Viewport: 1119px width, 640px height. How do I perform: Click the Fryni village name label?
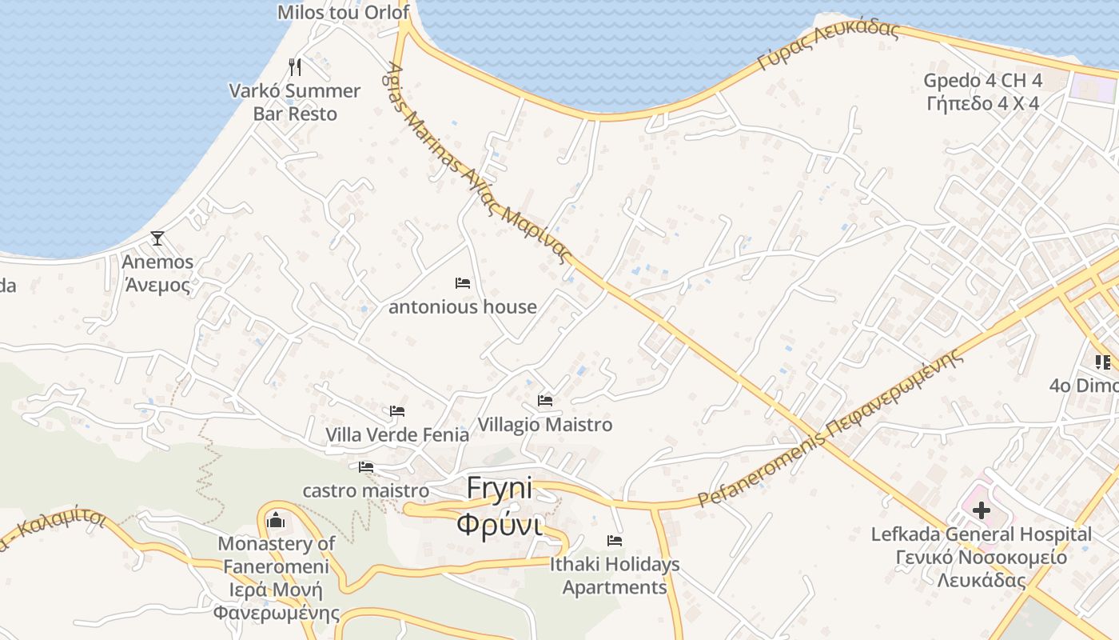[500, 506]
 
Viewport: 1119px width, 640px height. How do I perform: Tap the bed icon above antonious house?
[463, 283]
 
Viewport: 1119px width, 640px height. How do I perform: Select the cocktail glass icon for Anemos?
[157, 238]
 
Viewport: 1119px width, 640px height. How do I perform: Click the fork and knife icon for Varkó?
[295, 66]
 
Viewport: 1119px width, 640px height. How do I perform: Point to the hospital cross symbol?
[982, 510]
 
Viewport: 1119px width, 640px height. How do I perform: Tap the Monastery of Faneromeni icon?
[276, 521]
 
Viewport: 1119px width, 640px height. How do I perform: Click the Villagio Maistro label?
[545, 425]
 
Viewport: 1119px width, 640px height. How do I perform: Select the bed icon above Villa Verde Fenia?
[397, 411]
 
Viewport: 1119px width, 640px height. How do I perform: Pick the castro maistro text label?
[365, 490]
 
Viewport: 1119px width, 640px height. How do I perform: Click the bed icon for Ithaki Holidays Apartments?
[615, 541]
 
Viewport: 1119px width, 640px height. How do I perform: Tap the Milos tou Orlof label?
[343, 12]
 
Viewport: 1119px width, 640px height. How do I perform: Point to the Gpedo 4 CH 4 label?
[983, 81]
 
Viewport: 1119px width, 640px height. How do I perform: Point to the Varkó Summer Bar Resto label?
[295, 102]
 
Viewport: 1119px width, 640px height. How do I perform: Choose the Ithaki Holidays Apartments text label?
[615, 575]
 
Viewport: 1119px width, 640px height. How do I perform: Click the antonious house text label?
[463, 306]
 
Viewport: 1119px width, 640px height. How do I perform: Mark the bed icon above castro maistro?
[366, 467]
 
